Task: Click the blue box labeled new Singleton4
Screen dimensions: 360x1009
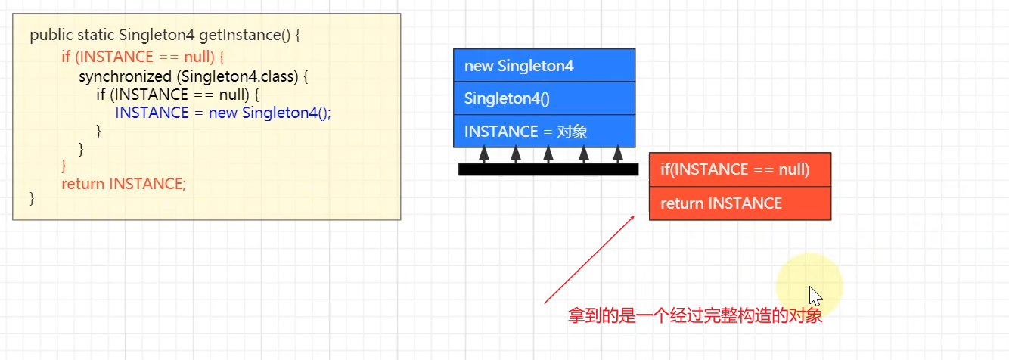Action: pos(544,66)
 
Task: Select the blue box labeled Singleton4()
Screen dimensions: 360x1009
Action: pos(544,98)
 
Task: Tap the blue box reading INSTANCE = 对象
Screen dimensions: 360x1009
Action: pos(544,132)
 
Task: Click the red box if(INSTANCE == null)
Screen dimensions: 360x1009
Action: pos(740,169)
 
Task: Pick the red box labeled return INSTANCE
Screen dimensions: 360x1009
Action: pos(740,203)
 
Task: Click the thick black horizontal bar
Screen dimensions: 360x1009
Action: pos(548,169)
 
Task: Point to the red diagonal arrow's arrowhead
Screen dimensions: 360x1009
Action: pos(632,216)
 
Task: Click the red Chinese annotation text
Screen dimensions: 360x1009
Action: pos(694,316)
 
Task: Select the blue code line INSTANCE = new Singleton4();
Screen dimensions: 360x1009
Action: pos(223,113)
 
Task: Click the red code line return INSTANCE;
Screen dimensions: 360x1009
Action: pos(123,183)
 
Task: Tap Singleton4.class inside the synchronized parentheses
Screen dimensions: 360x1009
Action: pos(240,76)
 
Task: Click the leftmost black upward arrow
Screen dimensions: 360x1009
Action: pos(484,154)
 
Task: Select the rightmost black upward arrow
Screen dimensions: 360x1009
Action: pos(618,154)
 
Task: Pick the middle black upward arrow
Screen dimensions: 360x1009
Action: pos(549,154)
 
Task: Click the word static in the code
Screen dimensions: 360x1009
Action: pos(95,35)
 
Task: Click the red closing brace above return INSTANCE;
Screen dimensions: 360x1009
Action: pos(64,165)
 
